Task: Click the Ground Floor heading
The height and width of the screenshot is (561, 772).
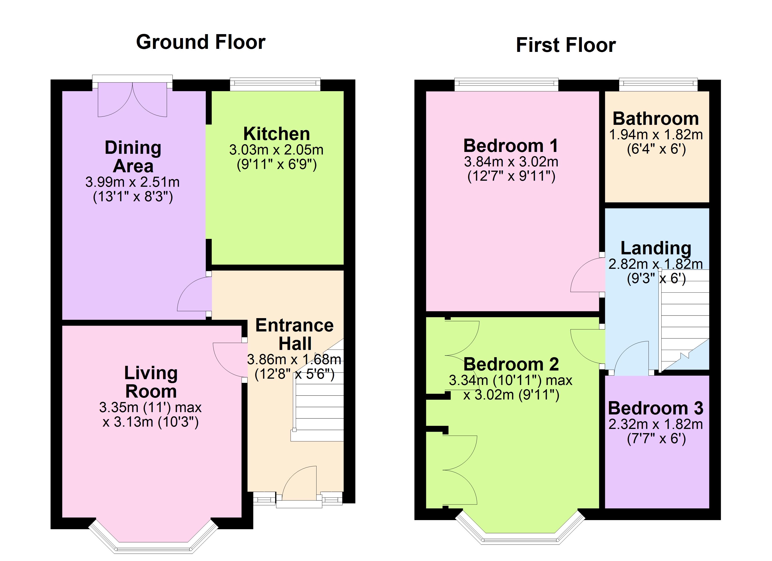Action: [x=200, y=42]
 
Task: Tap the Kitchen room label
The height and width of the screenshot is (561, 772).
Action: [x=276, y=134]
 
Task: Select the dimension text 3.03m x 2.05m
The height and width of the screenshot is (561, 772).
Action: [x=276, y=150]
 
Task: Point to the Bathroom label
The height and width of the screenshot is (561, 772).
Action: [x=655, y=119]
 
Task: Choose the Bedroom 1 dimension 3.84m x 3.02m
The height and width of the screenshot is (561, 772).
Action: [x=511, y=162]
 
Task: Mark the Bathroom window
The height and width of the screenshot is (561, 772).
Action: [x=658, y=84]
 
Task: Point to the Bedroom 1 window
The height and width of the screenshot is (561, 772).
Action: [x=506, y=84]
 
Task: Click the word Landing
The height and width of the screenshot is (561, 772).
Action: [x=655, y=248]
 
